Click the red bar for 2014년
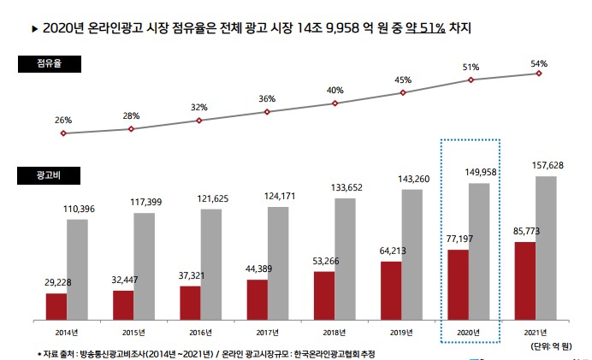[56, 305]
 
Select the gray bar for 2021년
[547, 247]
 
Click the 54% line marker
[539, 74]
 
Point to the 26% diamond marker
[63, 133]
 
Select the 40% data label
[335, 91]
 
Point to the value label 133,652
[346, 188]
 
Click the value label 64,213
[390, 251]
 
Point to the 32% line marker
[199, 121]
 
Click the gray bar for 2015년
[145, 265]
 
